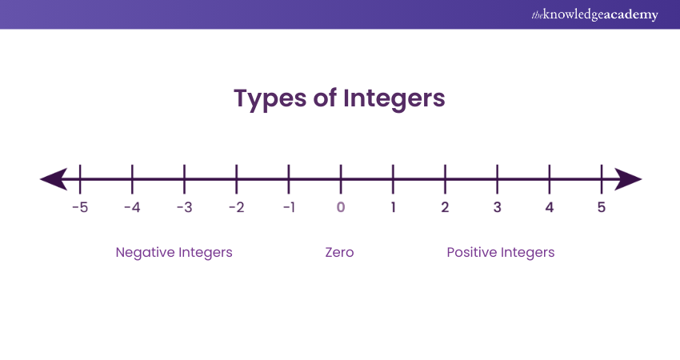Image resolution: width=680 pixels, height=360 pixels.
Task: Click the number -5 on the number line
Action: coord(80,207)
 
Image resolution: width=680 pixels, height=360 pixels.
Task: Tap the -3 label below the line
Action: coord(184,207)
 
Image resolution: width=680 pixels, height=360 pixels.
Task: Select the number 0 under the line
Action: coord(341,207)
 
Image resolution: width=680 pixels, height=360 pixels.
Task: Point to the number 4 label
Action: coord(550,207)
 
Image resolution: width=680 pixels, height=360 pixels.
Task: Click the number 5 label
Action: coord(602,207)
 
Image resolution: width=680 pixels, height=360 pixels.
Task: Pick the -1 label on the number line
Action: coord(290,207)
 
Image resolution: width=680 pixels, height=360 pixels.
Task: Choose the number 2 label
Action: coord(445,207)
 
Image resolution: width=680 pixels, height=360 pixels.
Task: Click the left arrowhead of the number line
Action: coord(54,179)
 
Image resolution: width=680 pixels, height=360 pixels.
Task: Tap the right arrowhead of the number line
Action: coord(628,179)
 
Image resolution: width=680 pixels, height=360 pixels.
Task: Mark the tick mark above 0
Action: coord(341,179)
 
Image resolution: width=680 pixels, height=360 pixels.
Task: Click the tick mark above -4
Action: coord(132,179)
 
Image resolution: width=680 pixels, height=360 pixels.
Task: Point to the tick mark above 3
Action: coord(498,179)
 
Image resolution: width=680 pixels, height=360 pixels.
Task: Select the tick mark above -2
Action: coord(236,179)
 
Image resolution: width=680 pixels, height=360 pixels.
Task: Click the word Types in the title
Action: coord(270,99)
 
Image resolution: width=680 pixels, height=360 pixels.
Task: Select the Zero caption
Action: coord(339,253)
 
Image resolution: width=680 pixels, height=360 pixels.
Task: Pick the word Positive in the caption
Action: coord(472,253)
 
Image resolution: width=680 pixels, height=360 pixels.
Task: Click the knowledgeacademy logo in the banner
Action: coord(595,14)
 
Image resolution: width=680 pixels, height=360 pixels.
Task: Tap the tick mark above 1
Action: coord(393,179)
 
